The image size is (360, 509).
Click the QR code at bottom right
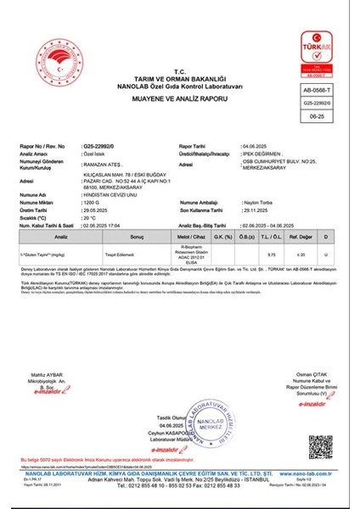point(320,446)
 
